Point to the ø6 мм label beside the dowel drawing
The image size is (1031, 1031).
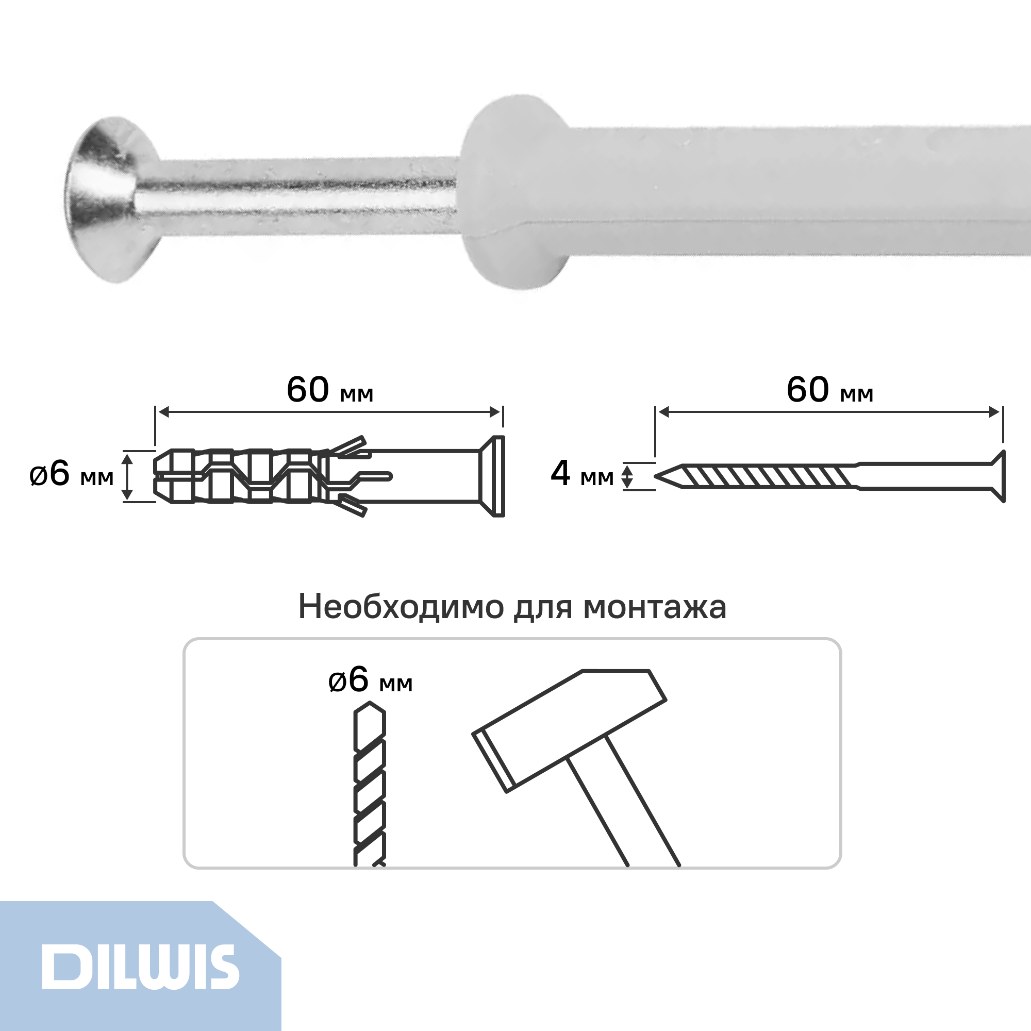(x=72, y=474)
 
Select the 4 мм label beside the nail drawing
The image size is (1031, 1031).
(x=582, y=474)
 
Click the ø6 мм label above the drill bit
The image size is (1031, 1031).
(x=370, y=680)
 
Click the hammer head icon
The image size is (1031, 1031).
(x=570, y=730)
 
